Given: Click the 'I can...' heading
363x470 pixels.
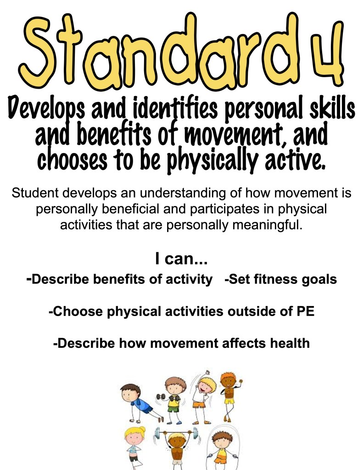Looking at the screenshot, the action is coord(182,259).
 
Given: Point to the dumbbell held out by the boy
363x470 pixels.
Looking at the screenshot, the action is coord(161,397).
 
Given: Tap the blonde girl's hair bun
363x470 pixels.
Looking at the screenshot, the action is coord(141,429).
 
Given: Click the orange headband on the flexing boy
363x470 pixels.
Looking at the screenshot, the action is coord(228,375).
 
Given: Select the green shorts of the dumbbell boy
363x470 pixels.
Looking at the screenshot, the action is coord(173,408).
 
